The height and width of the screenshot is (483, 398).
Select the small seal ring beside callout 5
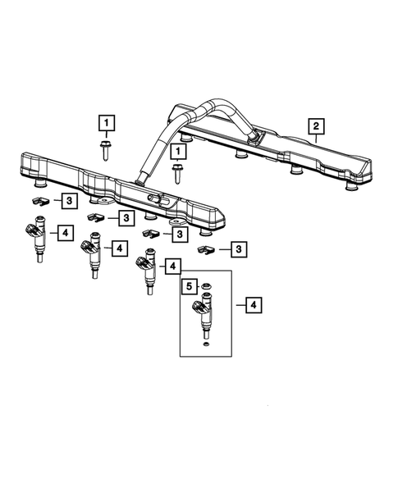click(207, 287)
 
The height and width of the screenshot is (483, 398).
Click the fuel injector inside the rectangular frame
click(203, 316)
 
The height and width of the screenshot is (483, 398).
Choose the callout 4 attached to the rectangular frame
click(254, 305)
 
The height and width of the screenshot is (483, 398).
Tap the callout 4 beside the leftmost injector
click(65, 234)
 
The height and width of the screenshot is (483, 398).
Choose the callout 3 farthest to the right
click(239, 248)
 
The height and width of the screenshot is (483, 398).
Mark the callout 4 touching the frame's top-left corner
click(172, 266)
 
